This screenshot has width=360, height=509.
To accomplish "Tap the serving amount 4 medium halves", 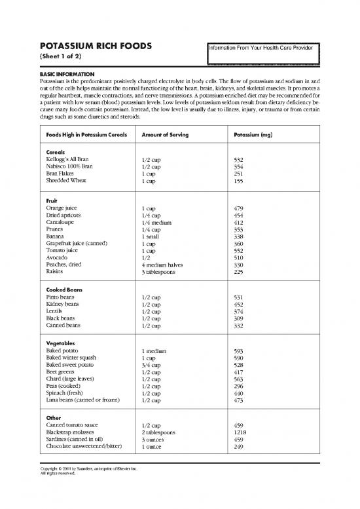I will (162, 265).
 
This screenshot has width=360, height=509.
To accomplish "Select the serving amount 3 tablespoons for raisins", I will (160, 273).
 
